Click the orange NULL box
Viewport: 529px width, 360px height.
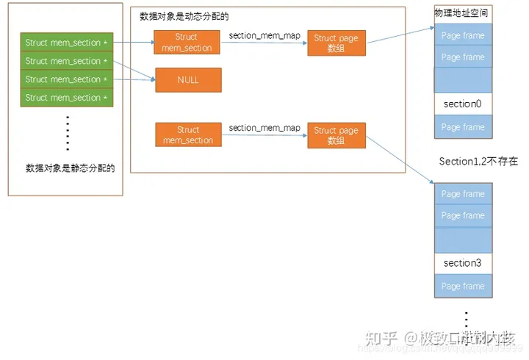187,79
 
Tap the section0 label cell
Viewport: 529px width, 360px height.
462,104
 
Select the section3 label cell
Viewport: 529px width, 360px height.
462,263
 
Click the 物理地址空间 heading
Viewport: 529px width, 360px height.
461,13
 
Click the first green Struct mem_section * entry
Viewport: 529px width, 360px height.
66,43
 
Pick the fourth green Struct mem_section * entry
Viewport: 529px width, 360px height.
66,98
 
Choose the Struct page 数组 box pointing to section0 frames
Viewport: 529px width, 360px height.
336,43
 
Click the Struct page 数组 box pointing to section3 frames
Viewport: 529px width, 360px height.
336,135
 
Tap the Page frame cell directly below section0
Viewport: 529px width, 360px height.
462,127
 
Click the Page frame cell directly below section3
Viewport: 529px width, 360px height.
462,286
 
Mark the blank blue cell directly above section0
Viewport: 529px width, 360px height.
462,79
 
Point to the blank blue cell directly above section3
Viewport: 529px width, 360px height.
462,239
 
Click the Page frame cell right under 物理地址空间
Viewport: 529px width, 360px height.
462,35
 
